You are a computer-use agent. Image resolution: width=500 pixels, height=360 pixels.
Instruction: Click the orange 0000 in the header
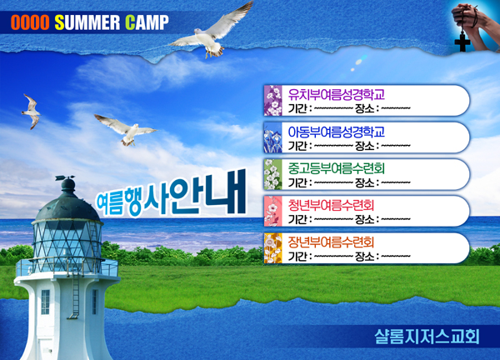click(x=30, y=22)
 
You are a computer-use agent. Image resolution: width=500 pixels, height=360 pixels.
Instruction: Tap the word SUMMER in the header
click(x=87, y=22)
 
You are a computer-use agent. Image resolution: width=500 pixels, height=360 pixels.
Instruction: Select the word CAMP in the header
click(x=147, y=22)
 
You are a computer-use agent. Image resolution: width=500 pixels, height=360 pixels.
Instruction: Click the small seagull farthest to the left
click(x=32, y=112)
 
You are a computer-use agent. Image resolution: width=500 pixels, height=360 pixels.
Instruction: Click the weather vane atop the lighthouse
click(x=65, y=177)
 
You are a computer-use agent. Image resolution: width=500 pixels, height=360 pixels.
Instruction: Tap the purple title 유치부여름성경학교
click(x=337, y=94)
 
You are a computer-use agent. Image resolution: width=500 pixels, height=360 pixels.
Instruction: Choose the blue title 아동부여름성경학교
click(x=337, y=132)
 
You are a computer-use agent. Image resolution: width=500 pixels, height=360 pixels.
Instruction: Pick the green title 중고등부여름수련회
click(x=337, y=168)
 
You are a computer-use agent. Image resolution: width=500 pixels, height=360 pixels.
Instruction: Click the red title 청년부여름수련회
click(x=331, y=205)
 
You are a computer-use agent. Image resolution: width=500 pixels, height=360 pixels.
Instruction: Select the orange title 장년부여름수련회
click(x=331, y=242)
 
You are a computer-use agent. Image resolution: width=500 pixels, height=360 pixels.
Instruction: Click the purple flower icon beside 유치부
click(x=273, y=101)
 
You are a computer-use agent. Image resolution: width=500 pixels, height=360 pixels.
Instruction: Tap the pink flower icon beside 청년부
click(x=273, y=211)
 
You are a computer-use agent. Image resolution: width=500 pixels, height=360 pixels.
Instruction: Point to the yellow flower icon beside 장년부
click(x=273, y=248)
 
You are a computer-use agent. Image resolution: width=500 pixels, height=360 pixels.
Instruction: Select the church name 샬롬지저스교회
click(x=427, y=337)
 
